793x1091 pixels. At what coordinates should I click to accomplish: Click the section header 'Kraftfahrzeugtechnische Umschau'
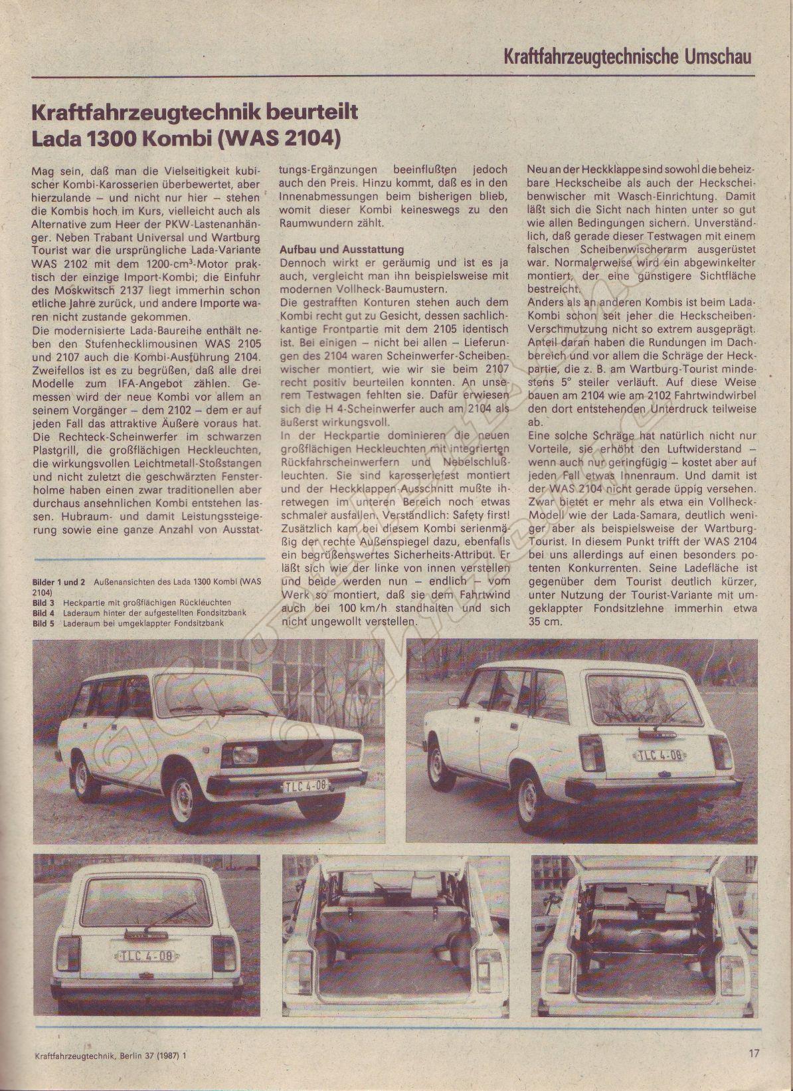pyautogui.click(x=627, y=56)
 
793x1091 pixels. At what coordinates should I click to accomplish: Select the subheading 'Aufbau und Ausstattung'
pyautogui.click(x=341, y=249)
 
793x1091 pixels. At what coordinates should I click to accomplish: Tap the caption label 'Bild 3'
pyautogui.click(x=43, y=603)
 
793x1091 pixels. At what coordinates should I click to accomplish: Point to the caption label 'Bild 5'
pyautogui.click(x=43, y=623)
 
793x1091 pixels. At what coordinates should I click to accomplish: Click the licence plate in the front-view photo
pyautogui.click(x=306, y=786)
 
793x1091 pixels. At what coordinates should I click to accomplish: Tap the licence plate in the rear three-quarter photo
pyautogui.click(x=660, y=755)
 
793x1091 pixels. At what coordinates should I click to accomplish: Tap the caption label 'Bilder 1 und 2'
pyautogui.click(x=58, y=581)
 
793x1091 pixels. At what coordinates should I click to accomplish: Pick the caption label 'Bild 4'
pyautogui.click(x=43, y=613)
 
